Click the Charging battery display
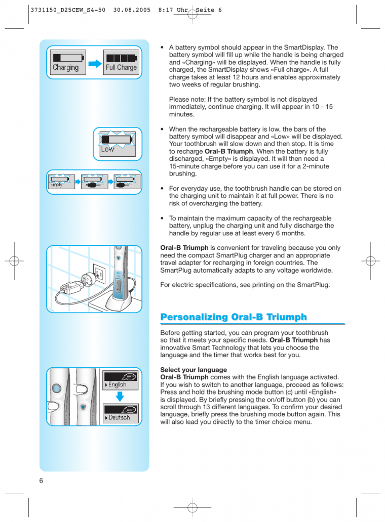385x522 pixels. coord(66,62)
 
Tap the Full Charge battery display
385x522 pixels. coord(121,62)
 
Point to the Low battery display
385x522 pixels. coord(117,143)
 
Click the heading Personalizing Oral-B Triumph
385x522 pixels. coord(234,317)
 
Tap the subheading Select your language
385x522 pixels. coord(194,370)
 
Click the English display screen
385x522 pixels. coord(120,380)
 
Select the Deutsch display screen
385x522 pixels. coord(120,413)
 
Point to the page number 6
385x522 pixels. coord(41,480)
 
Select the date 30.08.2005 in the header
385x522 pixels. coord(132,10)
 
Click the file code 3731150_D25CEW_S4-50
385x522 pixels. coord(68,10)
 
